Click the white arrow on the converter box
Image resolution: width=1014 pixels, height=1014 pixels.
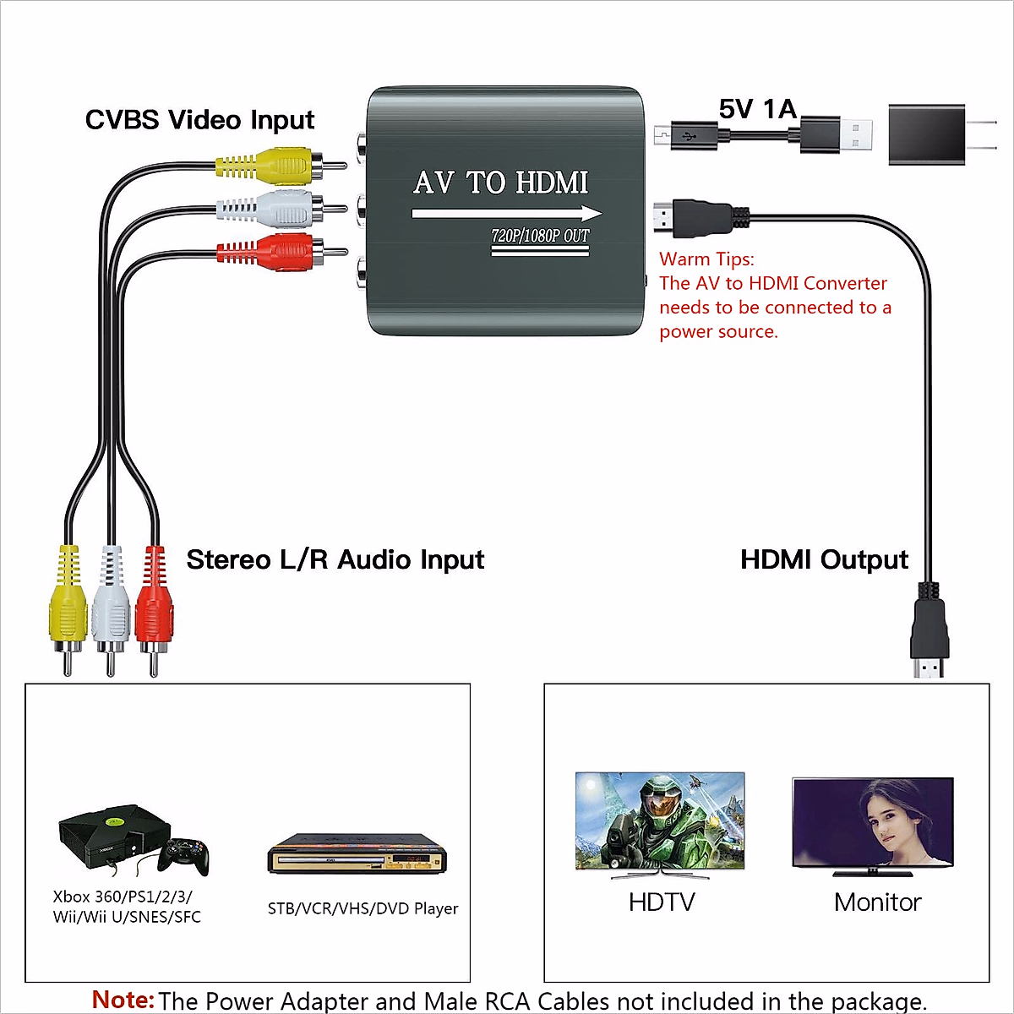pos(507,213)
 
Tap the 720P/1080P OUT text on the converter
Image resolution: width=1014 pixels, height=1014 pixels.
pos(540,236)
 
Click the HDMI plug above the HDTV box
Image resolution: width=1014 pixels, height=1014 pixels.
pos(929,634)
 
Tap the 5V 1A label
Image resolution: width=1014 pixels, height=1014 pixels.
pos(758,109)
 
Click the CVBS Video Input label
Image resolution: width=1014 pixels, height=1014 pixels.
pos(199,120)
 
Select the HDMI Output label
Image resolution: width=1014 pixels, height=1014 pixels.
pos(824,559)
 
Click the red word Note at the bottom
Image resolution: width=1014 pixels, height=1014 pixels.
pos(123,1000)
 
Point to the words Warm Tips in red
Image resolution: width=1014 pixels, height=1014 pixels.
pos(706,259)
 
